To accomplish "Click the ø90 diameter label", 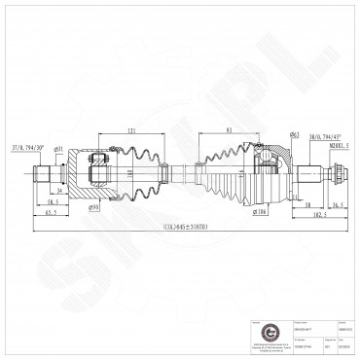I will (94, 206).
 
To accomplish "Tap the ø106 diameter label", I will (261, 210).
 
